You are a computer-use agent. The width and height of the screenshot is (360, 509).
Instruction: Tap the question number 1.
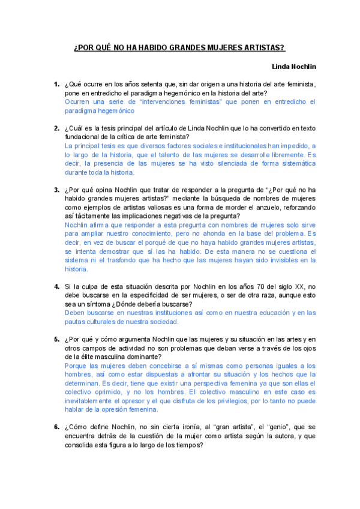56,85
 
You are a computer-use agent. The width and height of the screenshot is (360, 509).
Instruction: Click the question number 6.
56,427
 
